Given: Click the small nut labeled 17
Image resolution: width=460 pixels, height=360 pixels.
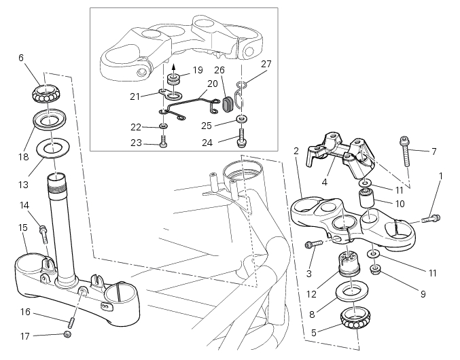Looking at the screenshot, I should click(x=67, y=334).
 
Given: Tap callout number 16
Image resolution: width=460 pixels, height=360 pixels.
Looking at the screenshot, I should click(x=26, y=313).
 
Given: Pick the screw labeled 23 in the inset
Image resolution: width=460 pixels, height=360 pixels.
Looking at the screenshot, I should click(x=163, y=142).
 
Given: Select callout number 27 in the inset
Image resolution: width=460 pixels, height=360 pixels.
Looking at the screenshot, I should click(x=266, y=65).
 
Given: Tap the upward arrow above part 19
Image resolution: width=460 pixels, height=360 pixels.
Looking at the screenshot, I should click(x=173, y=67).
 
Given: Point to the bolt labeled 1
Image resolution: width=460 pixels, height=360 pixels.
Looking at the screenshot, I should click(x=431, y=219).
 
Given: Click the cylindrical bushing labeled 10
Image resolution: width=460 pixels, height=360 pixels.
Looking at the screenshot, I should click(x=368, y=201).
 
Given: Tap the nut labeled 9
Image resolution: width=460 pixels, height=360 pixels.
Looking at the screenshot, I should click(x=375, y=270).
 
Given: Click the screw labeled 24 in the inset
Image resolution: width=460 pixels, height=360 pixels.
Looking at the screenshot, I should click(x=241, y=141).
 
